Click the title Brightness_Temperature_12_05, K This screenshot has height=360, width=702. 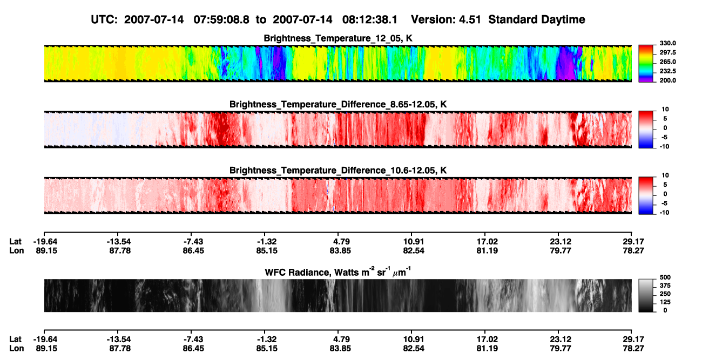[x=338, y=38]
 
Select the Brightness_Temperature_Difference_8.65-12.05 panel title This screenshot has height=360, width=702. [x=338, y=104]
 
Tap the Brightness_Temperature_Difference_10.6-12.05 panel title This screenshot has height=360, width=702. [x=338, y=171]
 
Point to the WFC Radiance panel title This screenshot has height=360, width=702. [x=338, y=272]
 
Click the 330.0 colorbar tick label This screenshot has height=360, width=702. [x=667, y=43]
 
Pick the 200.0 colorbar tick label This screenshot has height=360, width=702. [x=667, y=80]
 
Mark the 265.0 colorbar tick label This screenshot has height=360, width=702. [x=667, y=62]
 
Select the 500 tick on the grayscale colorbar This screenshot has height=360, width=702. [x=665, y=277]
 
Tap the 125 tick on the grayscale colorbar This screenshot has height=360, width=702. [x=665, y=302]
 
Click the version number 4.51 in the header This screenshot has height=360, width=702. [x=470, y=19]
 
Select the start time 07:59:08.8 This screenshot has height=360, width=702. [x=221, y=19]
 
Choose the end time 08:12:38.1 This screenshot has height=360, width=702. [x=370, y=19]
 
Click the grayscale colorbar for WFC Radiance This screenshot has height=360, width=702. [x=646, y=295]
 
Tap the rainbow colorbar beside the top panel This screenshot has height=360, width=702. [x=646, y=64]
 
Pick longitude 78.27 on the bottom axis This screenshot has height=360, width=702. [x=633, y=349]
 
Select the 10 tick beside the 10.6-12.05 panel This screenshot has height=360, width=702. [x=665, y=175]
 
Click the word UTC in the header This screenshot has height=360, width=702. [x=104, y=19]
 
